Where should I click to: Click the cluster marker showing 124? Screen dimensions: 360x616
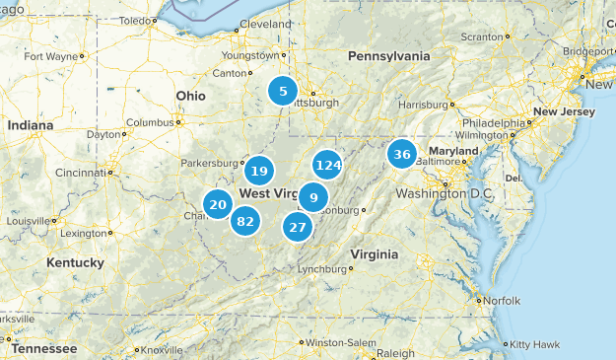pyautogui.click(x=327, y=165)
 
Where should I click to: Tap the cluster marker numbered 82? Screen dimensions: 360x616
pyautogui.click(x=245, y=221)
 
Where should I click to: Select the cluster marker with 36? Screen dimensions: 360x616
pyautogui.click(x=401, y=154)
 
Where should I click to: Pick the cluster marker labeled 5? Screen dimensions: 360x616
pyautogui.click(x=283, y=92)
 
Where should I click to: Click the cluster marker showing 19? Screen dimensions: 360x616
pyautogui.click(x=259, y=171)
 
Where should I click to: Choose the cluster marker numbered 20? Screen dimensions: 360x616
pyautogui.click(x=218, y=204)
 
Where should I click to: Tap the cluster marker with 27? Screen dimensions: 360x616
pyautogui.click(x=298, y=226)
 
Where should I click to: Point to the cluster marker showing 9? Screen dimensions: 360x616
pyautogui.click(x=313, y=197)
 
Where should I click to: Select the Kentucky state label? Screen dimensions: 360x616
pyautogui.click(x=75, y=262)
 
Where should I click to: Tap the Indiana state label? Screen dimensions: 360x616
pyautogui.click(x=31, y=125)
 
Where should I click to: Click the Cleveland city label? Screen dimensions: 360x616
pyautogui.click(x=265, y=24)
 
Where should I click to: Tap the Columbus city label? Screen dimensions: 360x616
pyautogui.click(x=149, y=122)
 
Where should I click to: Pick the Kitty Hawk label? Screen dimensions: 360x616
pyautogui.click(x=534, y=344)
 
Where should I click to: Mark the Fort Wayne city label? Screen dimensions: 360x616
pyautogui.click(x=50, y=56)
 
